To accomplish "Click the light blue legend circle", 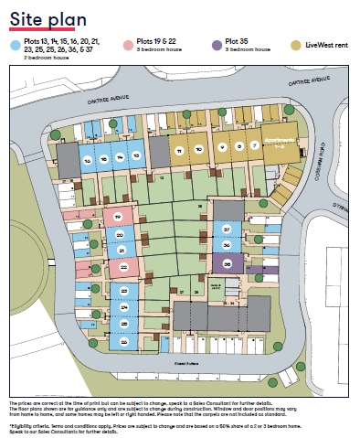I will point(15,44).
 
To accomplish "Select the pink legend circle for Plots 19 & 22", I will point(127,43).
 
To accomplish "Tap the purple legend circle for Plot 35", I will point(215,43).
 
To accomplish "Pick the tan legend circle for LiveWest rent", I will point(296,43).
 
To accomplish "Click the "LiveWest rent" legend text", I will point(326,43).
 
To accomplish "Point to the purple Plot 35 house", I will point(228,263).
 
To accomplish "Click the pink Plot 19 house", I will point(119,218).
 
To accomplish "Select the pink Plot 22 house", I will point(120,264).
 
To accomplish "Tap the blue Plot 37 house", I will point(228,229).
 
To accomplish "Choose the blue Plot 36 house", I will point(228,247).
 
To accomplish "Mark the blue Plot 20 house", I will point(120,234).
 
